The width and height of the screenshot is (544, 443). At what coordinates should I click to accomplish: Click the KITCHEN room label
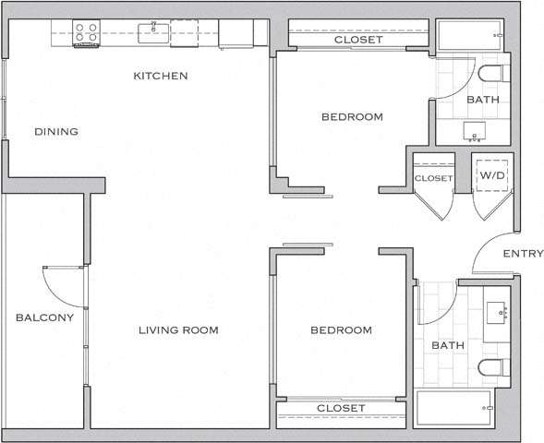(161, 76)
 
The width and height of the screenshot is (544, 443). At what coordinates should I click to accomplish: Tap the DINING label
(56, 132)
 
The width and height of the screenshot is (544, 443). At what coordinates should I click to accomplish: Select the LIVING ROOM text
(178, 330)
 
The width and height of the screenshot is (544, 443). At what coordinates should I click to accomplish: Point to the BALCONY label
(44, 318)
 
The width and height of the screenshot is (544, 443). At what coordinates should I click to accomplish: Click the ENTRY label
(522, 254)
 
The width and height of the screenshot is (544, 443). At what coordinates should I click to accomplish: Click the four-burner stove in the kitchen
(86, 33)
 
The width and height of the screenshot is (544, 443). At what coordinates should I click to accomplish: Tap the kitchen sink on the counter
(153, 34)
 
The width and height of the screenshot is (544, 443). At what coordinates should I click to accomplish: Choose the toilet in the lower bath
(492, 368)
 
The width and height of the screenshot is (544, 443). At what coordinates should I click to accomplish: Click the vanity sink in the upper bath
(478, 128)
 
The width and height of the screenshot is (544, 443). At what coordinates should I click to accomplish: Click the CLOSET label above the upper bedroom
(357, 41)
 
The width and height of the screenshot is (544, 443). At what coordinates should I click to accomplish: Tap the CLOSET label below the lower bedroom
(341, 408)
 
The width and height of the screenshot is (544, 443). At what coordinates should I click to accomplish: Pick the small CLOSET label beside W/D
(433, 178)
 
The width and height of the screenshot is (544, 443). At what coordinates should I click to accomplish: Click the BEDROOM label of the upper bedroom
(352, 117)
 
